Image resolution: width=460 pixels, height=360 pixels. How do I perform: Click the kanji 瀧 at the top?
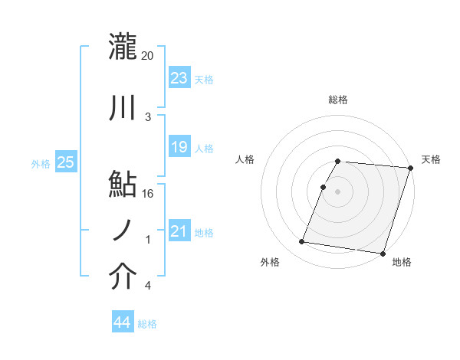tap(123, 45)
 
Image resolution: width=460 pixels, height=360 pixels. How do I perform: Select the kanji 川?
tap(123, 109)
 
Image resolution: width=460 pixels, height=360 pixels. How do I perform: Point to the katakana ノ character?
tap(123, 229)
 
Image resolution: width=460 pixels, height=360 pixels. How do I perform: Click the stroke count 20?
tap(148, 56)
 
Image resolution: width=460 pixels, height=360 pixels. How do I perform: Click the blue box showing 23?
tap(179, 78)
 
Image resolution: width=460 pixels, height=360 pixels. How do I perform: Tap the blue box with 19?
tap(179, 147)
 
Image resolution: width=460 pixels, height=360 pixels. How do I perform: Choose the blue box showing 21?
tap(179, 231)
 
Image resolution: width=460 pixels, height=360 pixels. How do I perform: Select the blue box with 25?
tap(65, 162)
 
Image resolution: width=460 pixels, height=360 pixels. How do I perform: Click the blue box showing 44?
tap(122, 323)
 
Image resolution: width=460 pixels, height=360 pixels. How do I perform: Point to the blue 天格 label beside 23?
tap(204, 80)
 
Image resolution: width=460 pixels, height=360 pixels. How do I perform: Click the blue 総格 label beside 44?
tap(147, 324)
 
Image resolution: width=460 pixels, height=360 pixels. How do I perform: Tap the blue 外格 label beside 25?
tap(41, 163)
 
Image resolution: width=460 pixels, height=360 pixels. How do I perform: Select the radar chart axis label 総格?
tap(338, 100)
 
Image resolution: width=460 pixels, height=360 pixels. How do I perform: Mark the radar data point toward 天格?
tap(410, 169)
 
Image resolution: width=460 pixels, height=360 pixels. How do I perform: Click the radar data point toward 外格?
tap(302, 242)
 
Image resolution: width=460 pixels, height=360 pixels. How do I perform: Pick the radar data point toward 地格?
tap(382, 253)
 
